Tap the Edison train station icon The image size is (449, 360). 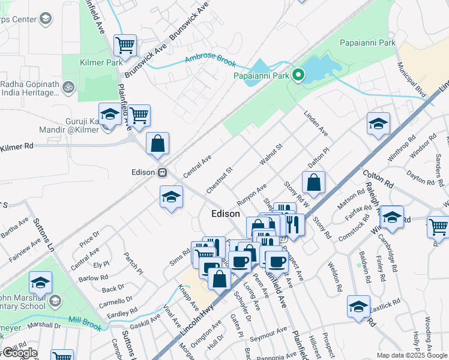point(162,173)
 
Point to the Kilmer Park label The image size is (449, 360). point(101,62)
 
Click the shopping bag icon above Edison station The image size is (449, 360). point(157,144)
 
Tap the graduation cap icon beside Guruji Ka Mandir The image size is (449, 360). point(110,115)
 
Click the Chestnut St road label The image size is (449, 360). point(218,179)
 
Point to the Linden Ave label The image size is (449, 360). point(316,122)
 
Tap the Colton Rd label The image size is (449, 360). point(377,178)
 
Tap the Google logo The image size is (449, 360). point(19,353)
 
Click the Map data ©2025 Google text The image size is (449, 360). point(412,355)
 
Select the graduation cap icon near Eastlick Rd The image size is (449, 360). point(358,307)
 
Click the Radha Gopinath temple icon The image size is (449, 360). point(68,87)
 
